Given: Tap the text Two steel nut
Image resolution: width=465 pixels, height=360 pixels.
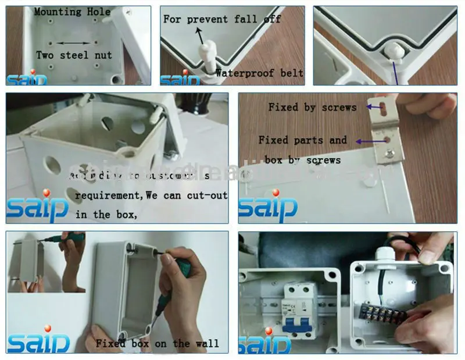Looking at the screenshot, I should pyautogui.click(x=74, y=55).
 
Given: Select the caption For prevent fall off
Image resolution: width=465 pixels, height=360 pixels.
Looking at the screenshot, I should pyautogui.click(x=222, y=19).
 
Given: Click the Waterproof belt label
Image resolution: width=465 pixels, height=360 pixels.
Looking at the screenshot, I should pyautogui.click(x=259, y=73).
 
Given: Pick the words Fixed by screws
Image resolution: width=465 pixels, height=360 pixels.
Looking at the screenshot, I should pyautogui.click(x=312, y=107).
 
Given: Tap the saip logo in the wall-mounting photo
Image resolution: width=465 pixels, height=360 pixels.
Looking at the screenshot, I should pyautogui.click(x=38, y=341).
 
